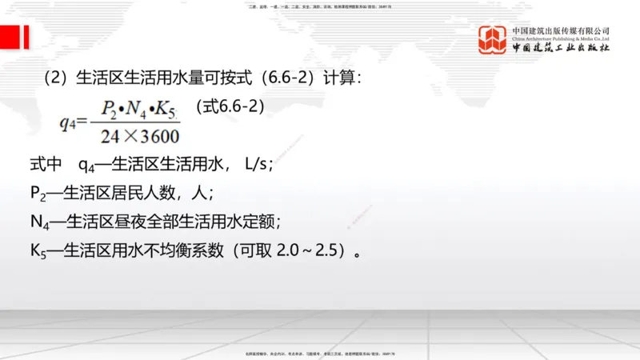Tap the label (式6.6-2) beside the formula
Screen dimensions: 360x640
click(230, 106)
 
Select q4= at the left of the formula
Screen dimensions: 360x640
click(73, 122)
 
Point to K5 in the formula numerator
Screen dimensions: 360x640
click(162, 108)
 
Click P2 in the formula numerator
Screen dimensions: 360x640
click(109, 108)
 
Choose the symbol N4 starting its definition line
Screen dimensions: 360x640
click(39, 222)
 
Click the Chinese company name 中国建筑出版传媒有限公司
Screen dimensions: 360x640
click(561, 30)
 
